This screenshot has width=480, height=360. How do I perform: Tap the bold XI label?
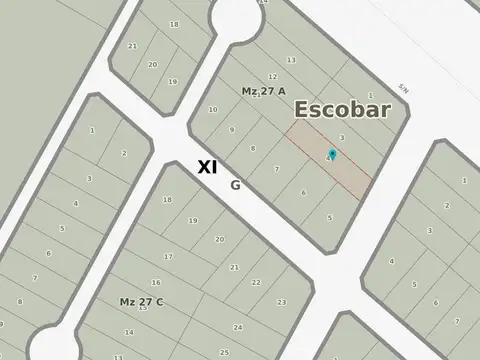(x=207, y=168)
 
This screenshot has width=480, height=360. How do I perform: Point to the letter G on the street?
(x=235, y=184)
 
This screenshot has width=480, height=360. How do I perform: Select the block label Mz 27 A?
(x=264, y=91)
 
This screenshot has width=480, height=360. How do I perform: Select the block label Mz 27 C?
(x=142, y=301)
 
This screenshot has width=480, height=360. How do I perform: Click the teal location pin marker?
(x=332, y=154)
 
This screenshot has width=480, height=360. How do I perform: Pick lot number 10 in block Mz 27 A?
(x=213, y=109)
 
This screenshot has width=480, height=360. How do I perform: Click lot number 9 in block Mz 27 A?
(x=231, y=129)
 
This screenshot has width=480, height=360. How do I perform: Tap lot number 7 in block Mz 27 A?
(x=276, y=170)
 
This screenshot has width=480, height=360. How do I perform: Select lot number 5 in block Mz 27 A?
(x=329, y=216)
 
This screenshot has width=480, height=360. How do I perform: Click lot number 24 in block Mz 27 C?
(x=237, y=327)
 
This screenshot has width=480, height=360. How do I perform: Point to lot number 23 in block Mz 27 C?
(x=282, y=301)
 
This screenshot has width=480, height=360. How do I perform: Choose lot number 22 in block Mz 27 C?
(x=256, y=282)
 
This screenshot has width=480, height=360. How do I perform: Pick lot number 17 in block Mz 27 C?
(x=169, y=257)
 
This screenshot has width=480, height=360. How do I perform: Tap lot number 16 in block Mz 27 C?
(x=157, y=282)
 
